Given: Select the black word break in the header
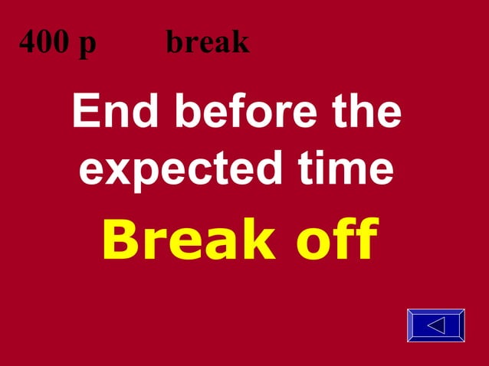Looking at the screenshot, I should click(x=208, y=43).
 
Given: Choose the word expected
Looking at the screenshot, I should click(x=172, y=170).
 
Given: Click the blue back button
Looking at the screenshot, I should click(x=436, y=325).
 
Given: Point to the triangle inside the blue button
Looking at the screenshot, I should click(x=436, y=325).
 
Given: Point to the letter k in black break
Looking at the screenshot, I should click(x=241, y=43).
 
